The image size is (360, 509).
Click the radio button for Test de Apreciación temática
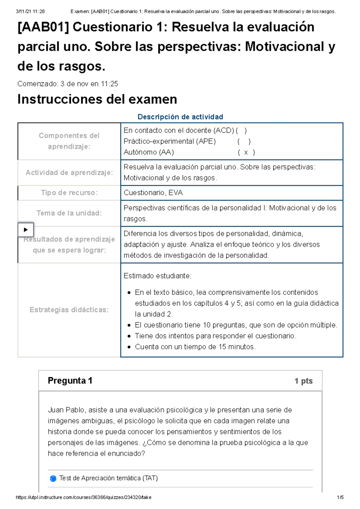pyautogui.click(x=53, y=478)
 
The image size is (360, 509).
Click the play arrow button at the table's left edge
pyautogui.click(x=26, y=230)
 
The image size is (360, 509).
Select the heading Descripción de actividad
pyautogui.click(x=180, y=117)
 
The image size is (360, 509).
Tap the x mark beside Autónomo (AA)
pyautogui.click(x=246, y=152)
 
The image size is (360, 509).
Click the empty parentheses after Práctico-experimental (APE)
pyautogui.click(x=244, y=141)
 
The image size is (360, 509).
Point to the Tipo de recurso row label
pyautogui.click(x=69, y=193)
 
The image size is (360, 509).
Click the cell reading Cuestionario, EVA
pyautogui.click(x=153, y=193)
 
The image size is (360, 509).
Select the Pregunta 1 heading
pyautogui.click(x=70, y=381)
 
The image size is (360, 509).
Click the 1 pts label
pyautogui.click(x=303, y=381)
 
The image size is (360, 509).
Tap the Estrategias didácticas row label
pyautogui.click(x=69, y=310)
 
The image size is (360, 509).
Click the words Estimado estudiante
pyautogui.click(x=157, y=276)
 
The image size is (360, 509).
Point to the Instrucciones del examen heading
pyautogui.click(x=97, y=99)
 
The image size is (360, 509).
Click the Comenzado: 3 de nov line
pyautogui.click(x=67, y=84)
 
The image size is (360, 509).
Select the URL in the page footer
pyautogui.click(x=83, y=498)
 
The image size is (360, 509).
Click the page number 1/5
pyautogui.click(x=340, y=498)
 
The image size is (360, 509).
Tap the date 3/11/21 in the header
pyautogui.click(x=23, y=11)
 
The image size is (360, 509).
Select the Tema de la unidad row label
pyautogui.click(x=69, y=213)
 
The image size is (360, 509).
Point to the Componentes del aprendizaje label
pyautogui.click(x=69, y=141)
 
